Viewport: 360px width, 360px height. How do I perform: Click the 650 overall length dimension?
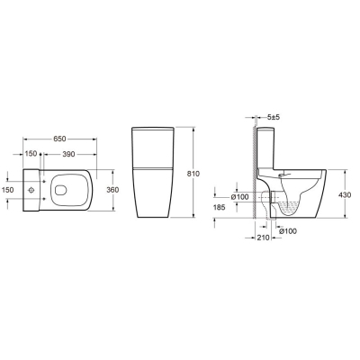click(59, 139)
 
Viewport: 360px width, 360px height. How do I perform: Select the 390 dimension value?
click(68, 154)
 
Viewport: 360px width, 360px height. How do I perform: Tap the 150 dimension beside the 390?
click(31, 154)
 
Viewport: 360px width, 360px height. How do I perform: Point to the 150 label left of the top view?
click(7, 190)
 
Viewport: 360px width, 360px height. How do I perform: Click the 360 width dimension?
click(112, 190)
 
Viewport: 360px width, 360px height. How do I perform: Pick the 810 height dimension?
click(193, 174)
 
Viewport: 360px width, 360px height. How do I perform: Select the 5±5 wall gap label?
click(273, 117)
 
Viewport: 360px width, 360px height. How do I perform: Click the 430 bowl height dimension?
click(345, 195)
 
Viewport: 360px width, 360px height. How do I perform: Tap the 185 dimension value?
click(220, 207)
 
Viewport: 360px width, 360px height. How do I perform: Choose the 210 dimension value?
click(263, 238)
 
